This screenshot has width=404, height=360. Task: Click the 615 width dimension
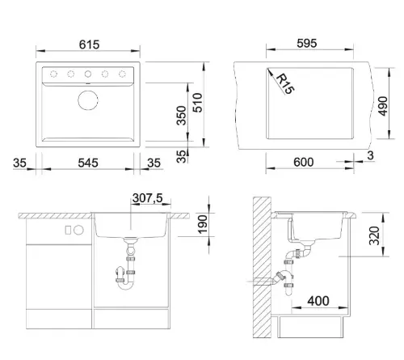click(89, 44)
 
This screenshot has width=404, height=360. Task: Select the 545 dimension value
click(88, 163)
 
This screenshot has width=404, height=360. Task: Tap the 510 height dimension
click(198, 103)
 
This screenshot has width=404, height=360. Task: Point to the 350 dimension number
click(182, 116)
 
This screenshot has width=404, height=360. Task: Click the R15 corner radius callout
click(285, 83)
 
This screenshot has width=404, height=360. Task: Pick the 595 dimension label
click(307, 44)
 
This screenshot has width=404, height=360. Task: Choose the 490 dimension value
click(383, 106)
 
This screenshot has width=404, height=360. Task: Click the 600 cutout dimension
click(304, 163)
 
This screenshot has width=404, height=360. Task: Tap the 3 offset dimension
click(371, 155)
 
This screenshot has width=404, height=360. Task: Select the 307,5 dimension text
click(148, 198)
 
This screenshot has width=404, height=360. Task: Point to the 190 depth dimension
click(203, 224)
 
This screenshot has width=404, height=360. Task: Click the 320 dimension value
click(374, 235)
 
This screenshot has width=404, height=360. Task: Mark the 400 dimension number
click(318, 301)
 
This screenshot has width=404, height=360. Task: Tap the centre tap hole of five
click(88, 74)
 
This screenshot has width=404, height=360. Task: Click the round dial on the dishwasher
click(79, 230)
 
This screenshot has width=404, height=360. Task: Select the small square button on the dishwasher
click(68, 230)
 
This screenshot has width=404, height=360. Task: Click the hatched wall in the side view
click(262, 267)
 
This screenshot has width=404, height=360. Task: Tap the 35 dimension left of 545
click(19, 163)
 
